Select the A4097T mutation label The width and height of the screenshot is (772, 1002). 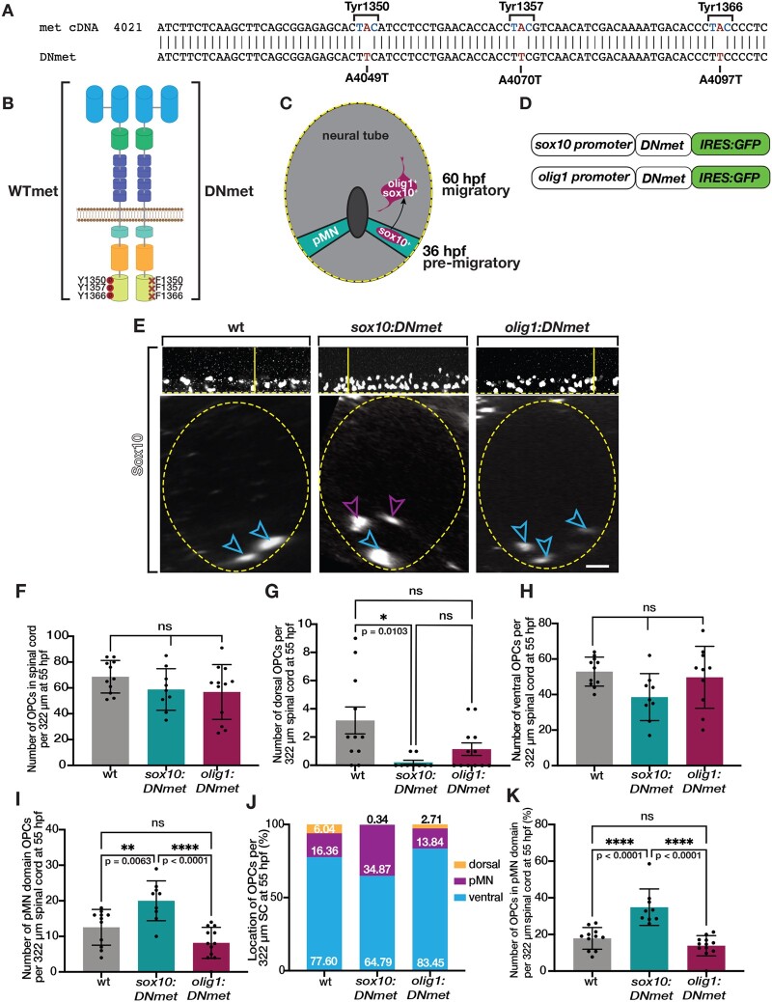pos(720,79)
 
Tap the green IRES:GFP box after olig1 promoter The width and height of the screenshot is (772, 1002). pos(730,177)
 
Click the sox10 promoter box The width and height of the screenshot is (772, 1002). pos(583,145)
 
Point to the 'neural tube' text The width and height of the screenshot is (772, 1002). pos(355,135)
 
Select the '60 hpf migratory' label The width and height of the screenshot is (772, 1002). pos(476,184)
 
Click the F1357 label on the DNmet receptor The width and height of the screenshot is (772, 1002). pos(169,288)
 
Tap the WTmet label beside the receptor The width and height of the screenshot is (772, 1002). pos(33,190)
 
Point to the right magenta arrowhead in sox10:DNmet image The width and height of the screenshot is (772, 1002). pos(397,506)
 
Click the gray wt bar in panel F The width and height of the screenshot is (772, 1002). pos(111,720)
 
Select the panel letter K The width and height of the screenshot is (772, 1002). pos(511,796)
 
